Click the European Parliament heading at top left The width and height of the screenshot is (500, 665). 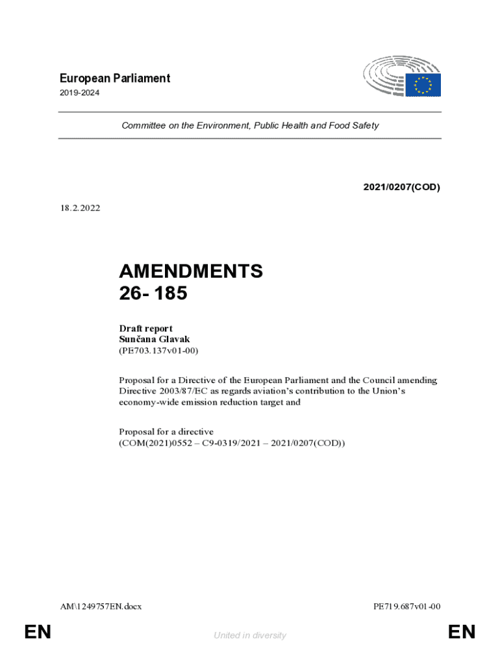[114, 79]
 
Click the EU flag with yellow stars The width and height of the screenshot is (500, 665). [423, 85]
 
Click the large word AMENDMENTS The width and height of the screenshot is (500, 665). [191, 271]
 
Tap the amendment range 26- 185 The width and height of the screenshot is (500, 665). [153, 294]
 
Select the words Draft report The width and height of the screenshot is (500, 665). [145, 329]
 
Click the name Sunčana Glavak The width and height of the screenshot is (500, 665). [155, 340]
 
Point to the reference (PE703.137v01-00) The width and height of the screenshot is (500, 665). [158, 351]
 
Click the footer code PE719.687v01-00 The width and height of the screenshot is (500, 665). [407, 607]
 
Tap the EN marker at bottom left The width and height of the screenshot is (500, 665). [38, 632]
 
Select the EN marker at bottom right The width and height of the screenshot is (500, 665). [462, 632]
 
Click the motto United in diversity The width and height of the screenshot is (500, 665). [250, 635]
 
